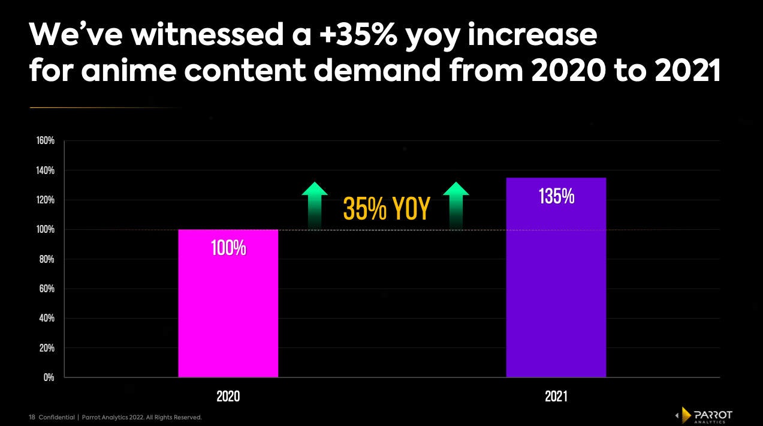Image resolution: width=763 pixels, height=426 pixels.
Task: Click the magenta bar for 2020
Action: pyautogui.click(x=228, y=303)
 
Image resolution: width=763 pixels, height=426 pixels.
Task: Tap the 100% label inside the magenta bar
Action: pyautogui.click(x=228, y=248)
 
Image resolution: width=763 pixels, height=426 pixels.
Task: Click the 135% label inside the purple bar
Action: pyautogui.click(x=556, y=197)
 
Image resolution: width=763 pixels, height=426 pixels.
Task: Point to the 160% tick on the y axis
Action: pyautogui.click(x=46, y=141)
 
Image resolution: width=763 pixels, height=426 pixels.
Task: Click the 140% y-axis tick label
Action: pyautogui.click(x=46, y=170)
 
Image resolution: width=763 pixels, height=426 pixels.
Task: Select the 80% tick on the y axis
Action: pyautogui.click(x=47, y=259)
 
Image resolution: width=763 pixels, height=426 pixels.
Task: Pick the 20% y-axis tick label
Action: pyautogui.click(x=47, y=348)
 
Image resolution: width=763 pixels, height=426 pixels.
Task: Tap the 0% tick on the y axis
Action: pyautogui.click(x=49, y=377)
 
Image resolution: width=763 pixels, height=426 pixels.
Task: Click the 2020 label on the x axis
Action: pyautogui.click(x=228, y=397)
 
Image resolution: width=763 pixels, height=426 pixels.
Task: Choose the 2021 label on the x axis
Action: pyautogui.click(x=556, y=397)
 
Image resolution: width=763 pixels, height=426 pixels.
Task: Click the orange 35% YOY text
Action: pyautogui.click(x=387, y=209)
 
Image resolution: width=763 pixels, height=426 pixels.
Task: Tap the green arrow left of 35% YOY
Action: pyautogui.click(x=315, y=204)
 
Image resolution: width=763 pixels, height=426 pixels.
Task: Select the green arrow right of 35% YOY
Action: pyautogui.click(x=456, y=204)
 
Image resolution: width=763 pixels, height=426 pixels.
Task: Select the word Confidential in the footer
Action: pyautogui.click(x=56, y=417)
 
